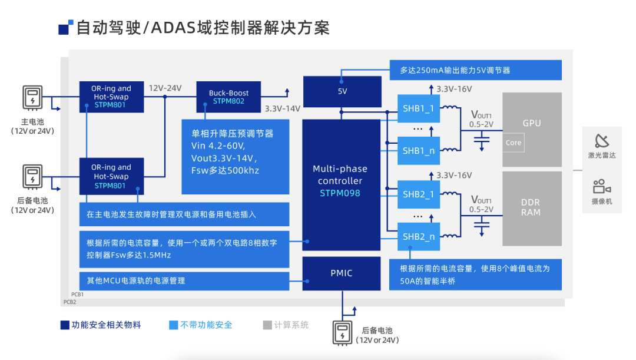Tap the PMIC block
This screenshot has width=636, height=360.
click(x=341, y=273)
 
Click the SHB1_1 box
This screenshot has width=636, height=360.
click(x=418, y=108)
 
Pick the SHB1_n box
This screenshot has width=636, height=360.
click(x=418, y=151)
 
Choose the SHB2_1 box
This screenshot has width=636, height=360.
click(x=418, y=194)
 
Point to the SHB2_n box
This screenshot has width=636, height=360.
click(x=418, y=237)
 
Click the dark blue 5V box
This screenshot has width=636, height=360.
click(x=342, y=91)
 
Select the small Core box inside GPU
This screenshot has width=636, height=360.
click(x=514, y=143)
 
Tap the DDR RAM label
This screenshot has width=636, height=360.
click(x=531, y=207)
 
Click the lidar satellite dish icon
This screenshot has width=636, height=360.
click(x=602, y=141)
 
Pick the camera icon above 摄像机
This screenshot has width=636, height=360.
click(x=602, y=187)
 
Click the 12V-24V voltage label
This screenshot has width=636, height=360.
click(x=165, y=88)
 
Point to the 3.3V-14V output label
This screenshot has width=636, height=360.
click(x=283, y=108)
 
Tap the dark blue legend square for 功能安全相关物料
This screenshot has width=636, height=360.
click(x=65, y=325)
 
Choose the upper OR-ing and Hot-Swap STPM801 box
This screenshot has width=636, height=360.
click(x=111, y=97)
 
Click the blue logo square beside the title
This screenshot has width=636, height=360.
click(x=65, y=28)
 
